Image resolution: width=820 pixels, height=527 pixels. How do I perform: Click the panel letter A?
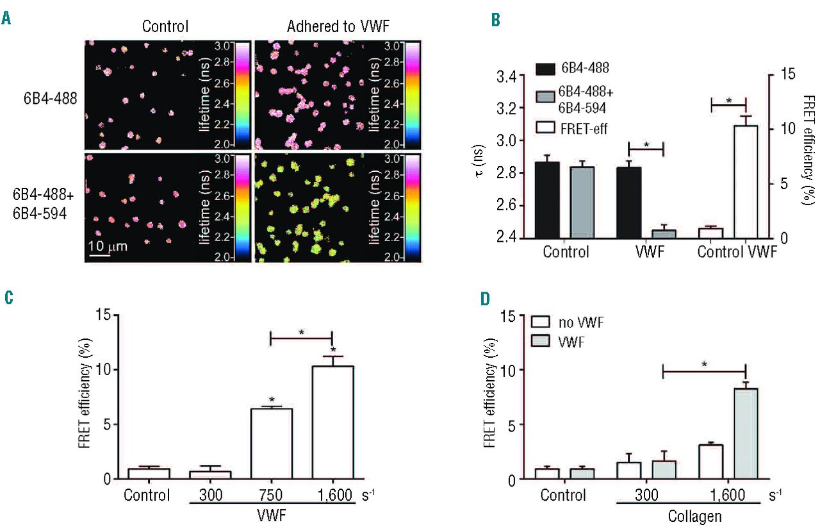click(6, 19)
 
